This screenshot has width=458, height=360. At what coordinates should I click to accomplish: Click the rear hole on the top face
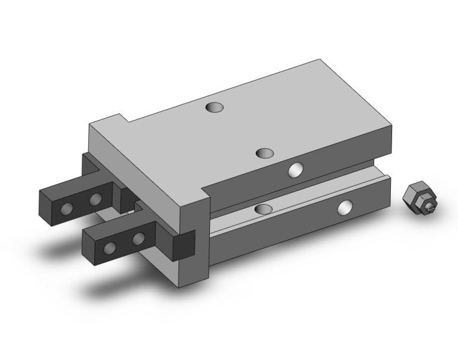[214, 107]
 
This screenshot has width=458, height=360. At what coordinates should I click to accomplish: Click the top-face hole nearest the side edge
[266, 153]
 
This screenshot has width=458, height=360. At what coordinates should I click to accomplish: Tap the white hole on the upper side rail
[295, 170]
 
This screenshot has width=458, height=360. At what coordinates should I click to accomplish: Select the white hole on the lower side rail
[345, 208]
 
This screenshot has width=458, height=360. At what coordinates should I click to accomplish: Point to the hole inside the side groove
[263, 208]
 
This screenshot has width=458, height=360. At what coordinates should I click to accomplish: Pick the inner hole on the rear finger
[95, 199]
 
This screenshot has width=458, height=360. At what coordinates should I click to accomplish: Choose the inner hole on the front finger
[139, 238]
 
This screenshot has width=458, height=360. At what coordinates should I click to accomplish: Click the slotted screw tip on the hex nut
[431, 208]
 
